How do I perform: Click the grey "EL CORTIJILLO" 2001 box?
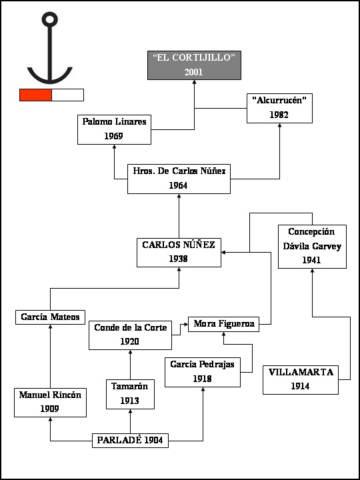click(x=194, y=65)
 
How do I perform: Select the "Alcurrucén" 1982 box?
click(x=279, y=109)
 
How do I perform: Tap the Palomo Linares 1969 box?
click(x=114, y=129)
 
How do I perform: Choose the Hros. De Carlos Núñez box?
click(x=179, y=179)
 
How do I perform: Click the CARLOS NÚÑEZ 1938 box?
click(x=179, y=253)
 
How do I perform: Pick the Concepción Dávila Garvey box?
click(x=312, y=247)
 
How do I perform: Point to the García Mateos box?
click(x=50, y=317)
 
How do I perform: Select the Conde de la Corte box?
click(x=130, y=335)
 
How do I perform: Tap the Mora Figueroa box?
click(x=223, y=324)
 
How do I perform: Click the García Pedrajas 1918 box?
click(x=203, y=372)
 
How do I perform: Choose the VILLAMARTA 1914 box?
click(x=301, y=379)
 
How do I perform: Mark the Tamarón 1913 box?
click(x=130, y=394)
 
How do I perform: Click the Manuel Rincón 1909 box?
click(x=50, y=402)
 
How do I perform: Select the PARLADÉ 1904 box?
click(x=130, y=441)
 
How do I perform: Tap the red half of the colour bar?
click(x=35, y=95)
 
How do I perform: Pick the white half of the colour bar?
click(x=67, y=95)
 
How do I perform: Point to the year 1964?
click(x=178, y=186)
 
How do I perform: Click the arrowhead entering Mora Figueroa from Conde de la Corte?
click(x=186, y=324)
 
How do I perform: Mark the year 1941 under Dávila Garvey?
click(x=311, y=260)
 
